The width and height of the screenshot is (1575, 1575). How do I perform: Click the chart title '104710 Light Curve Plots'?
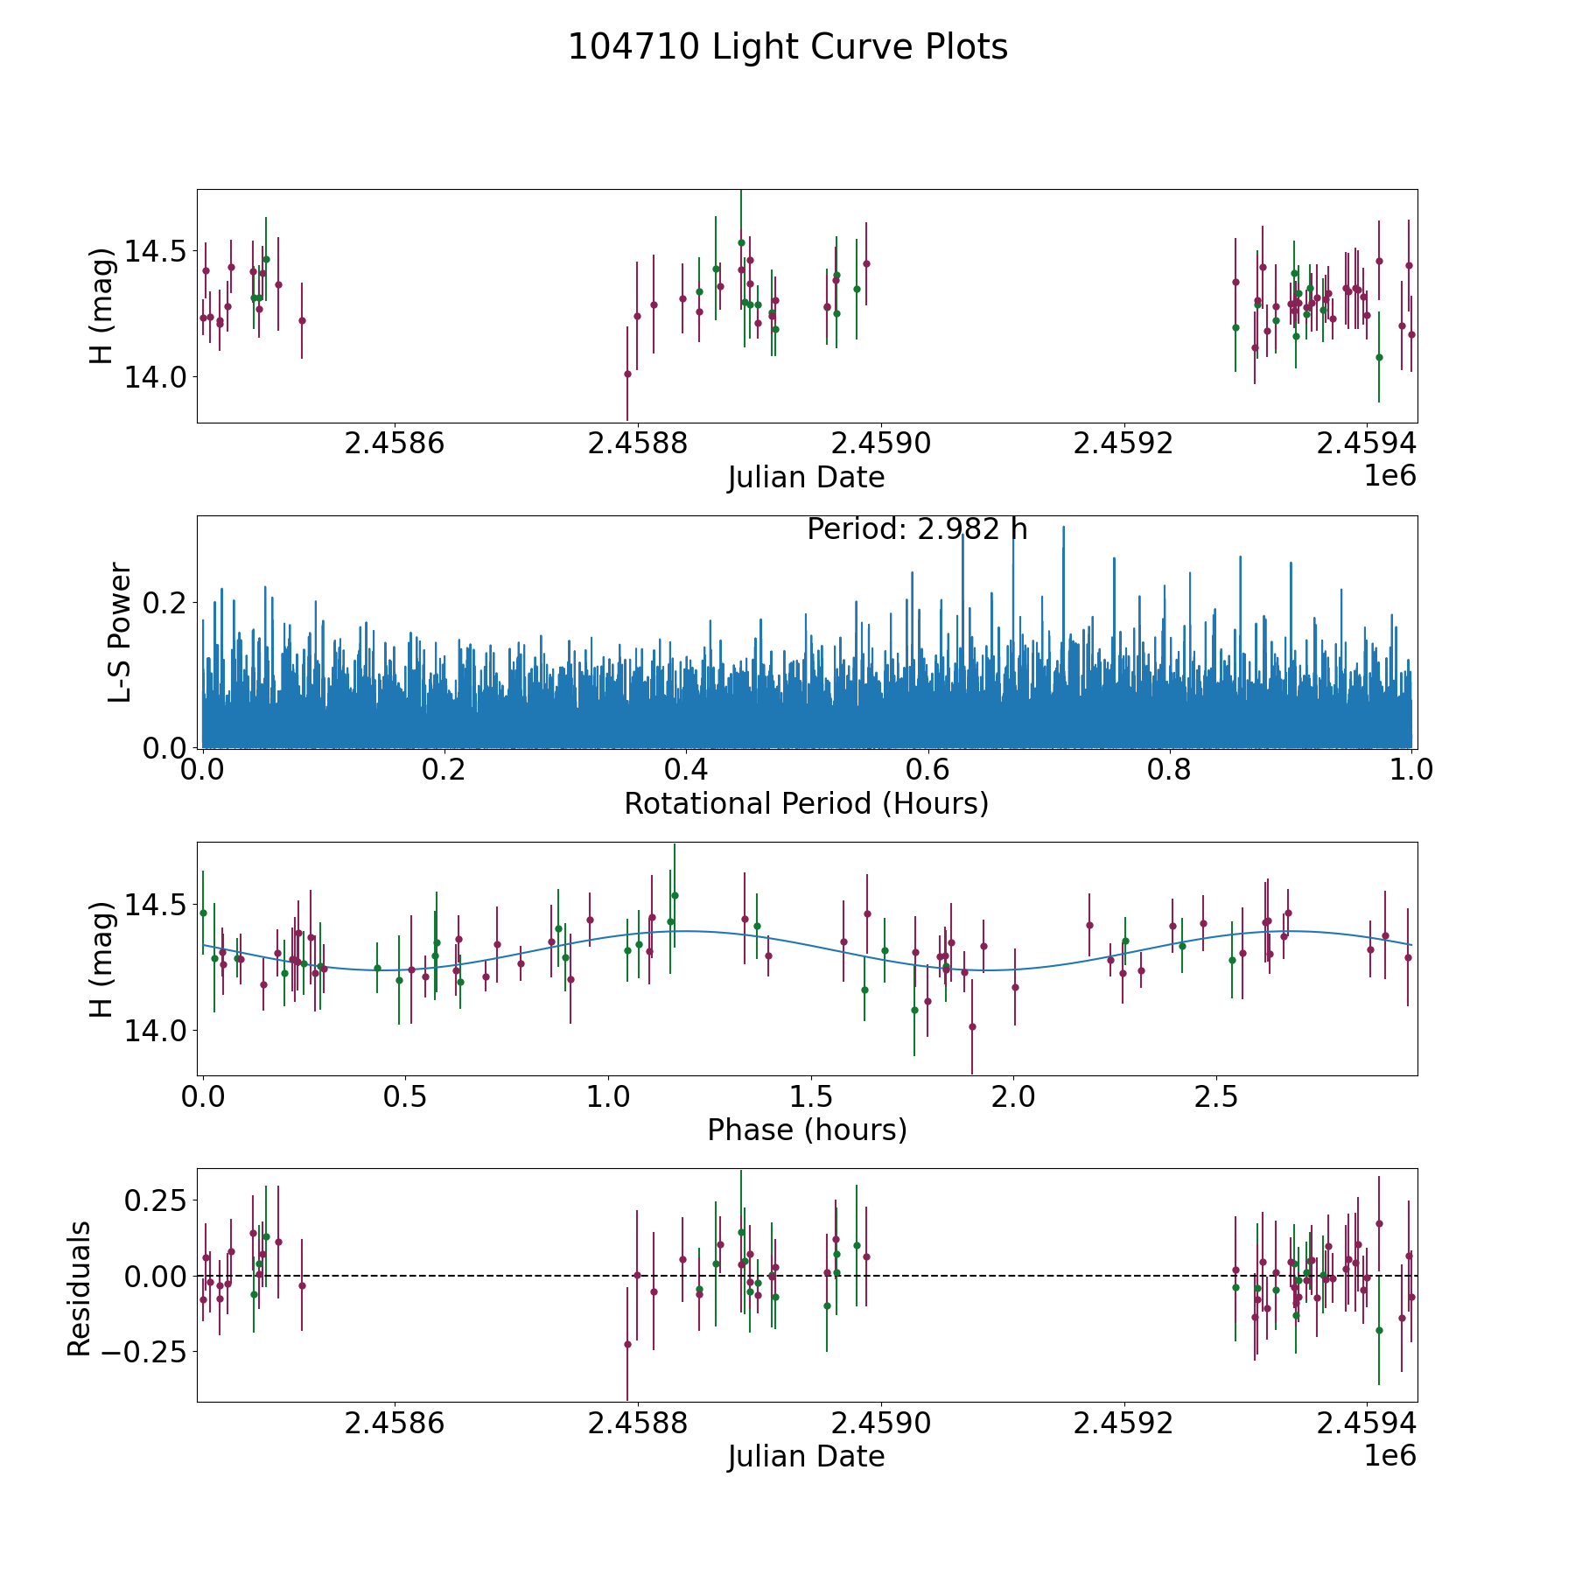pyautogui.click(x=787, y=47)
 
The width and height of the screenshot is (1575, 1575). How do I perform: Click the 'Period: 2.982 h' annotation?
pyautogui.click(x=917, y=529)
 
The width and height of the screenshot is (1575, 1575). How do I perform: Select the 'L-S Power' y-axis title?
pyautogui.click(x=120, y=632)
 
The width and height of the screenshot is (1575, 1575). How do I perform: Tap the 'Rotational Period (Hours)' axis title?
pyautogui.click(x=806, y=803)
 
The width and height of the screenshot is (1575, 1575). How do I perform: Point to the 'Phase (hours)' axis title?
pyautogui.click(x=807, y=1130)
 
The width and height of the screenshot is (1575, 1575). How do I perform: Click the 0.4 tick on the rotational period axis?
pyautogui.click(x=686, y=770)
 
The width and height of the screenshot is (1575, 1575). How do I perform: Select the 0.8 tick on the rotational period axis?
pyautogui.click(x=1170, y=770)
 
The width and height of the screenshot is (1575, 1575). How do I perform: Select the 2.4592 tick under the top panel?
pyautogui.click(x=1123, y=444)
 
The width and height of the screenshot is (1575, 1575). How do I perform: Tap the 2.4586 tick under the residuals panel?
pyautogui.click(x=395, y=1424)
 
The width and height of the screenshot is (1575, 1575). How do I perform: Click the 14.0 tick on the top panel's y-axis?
pyautogui.click(x=155, y=377)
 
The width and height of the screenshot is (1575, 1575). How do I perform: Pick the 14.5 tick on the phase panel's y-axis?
pyautogui.click(x=155, y=904)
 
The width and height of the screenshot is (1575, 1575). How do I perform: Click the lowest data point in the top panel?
pyautogui.click(x=627, y=374)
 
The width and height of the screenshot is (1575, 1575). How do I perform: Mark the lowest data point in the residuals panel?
pyautogui.click(x=627, y=1344)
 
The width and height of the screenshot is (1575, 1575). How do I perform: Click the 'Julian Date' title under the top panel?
pyautogui.click(x=806, y=478)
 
